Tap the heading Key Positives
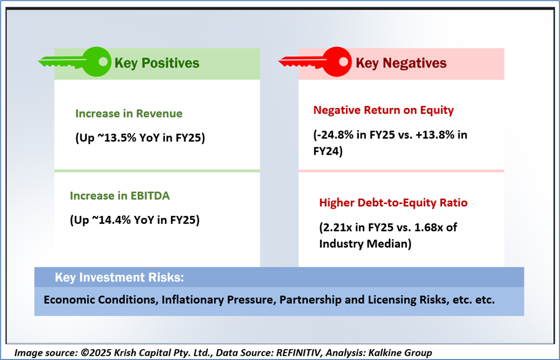point(157,63)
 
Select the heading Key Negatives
point(401,63)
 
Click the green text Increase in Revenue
point(128,114)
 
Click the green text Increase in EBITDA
point(119,195)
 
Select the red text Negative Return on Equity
point(383,110)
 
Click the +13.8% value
point(438,135)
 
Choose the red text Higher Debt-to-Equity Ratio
point(393,203)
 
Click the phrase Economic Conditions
point(99,301)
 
